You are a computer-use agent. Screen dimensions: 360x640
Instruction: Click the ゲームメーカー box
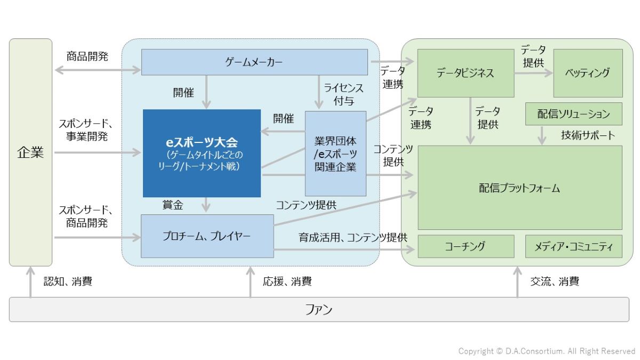[254, 62]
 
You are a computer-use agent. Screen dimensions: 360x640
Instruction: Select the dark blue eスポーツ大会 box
[202, 153]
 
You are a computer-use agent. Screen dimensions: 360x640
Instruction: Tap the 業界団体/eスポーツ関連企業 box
[335, 154]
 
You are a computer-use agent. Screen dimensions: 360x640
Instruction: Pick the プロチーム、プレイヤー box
[207, 236]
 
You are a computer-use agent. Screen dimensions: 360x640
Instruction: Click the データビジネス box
[465, 73]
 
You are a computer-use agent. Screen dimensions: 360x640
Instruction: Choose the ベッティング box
[587, 73]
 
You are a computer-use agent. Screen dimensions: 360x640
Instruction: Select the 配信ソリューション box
[573, 114]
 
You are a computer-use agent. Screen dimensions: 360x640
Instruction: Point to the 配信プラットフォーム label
[519, 188]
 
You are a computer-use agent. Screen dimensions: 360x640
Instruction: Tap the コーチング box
[465, 246]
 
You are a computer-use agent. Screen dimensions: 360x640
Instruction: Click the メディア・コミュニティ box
[573, 246]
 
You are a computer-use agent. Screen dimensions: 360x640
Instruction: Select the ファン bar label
[319, 309]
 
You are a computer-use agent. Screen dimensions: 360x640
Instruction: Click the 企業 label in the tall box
[30, 153]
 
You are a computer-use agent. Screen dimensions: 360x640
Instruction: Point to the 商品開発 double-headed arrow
[98, 69]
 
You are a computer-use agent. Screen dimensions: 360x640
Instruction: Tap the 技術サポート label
[588, 135]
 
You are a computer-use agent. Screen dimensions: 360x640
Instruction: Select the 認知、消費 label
[68, 282]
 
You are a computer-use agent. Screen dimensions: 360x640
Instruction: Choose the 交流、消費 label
[555, 282]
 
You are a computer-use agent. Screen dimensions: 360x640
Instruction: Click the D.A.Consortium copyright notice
[547, 351]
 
